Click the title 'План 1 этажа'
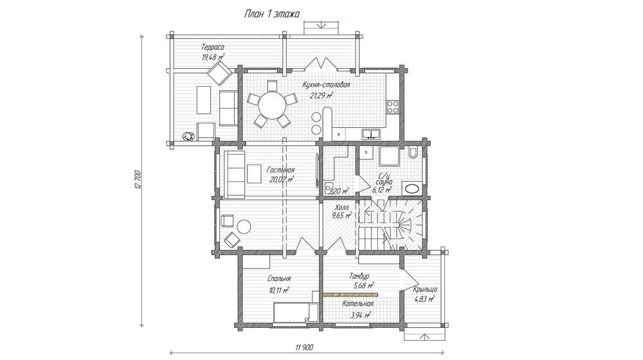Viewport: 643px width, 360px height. (x=272, y=14)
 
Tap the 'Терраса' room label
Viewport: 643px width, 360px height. (x=213, y=47)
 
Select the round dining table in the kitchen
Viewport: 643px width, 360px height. (x=272, y=105)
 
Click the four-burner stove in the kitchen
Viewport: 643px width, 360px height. (x=393, y=106)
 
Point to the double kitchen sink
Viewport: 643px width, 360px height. (x=371, y=133)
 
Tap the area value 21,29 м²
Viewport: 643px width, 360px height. (x=321, y=96)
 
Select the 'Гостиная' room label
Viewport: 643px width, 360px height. (x=280, y=170)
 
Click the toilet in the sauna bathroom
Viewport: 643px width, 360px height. (x=413, y=152)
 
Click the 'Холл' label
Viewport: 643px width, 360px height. (x=341, y=207)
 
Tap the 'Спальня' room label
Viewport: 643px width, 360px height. (x=279, y=279)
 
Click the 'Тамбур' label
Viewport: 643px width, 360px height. (x=359, y=276)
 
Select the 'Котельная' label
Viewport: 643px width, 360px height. (x=358, y=304)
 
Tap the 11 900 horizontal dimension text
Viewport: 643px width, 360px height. (x=304, y=348)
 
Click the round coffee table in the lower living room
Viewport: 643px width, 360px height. (x=244, y=227)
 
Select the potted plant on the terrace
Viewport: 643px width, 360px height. (x=188, y=136)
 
